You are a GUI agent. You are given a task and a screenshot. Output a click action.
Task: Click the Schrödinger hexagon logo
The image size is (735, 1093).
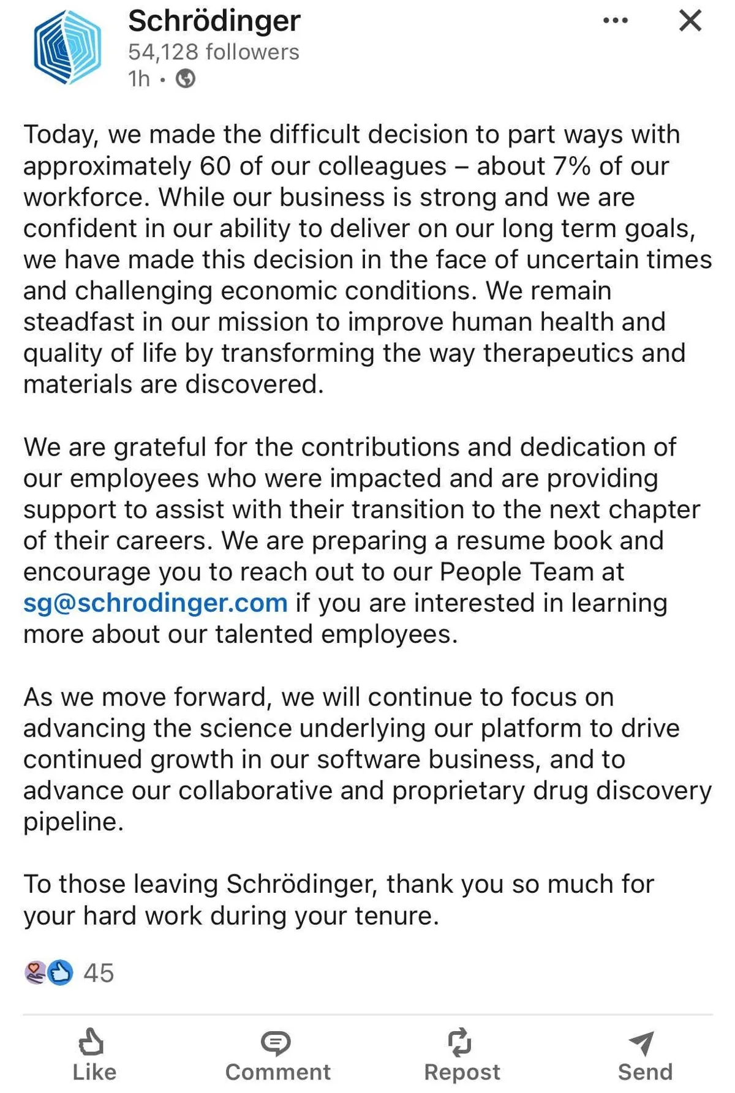click(67, 48)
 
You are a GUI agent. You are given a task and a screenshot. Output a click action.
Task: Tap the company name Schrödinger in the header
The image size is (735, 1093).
click(214, 21)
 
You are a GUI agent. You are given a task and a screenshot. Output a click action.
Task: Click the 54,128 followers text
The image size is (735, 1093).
click(213, 52)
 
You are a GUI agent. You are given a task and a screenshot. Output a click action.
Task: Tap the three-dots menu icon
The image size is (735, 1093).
click(615, 21)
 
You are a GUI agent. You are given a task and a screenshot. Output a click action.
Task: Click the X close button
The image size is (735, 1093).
click(690, 21)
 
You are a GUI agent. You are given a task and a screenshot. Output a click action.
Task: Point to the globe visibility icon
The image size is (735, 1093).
click(186, 79)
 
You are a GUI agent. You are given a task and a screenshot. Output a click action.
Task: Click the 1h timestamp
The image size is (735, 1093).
click(138, 79)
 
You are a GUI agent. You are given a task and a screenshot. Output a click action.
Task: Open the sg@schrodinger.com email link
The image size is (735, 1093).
click(155, 603)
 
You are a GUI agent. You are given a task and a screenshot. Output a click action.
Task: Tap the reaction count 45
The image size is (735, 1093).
click(99, 973)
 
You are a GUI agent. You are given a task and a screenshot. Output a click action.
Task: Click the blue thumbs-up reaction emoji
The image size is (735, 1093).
click(60, 972)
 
